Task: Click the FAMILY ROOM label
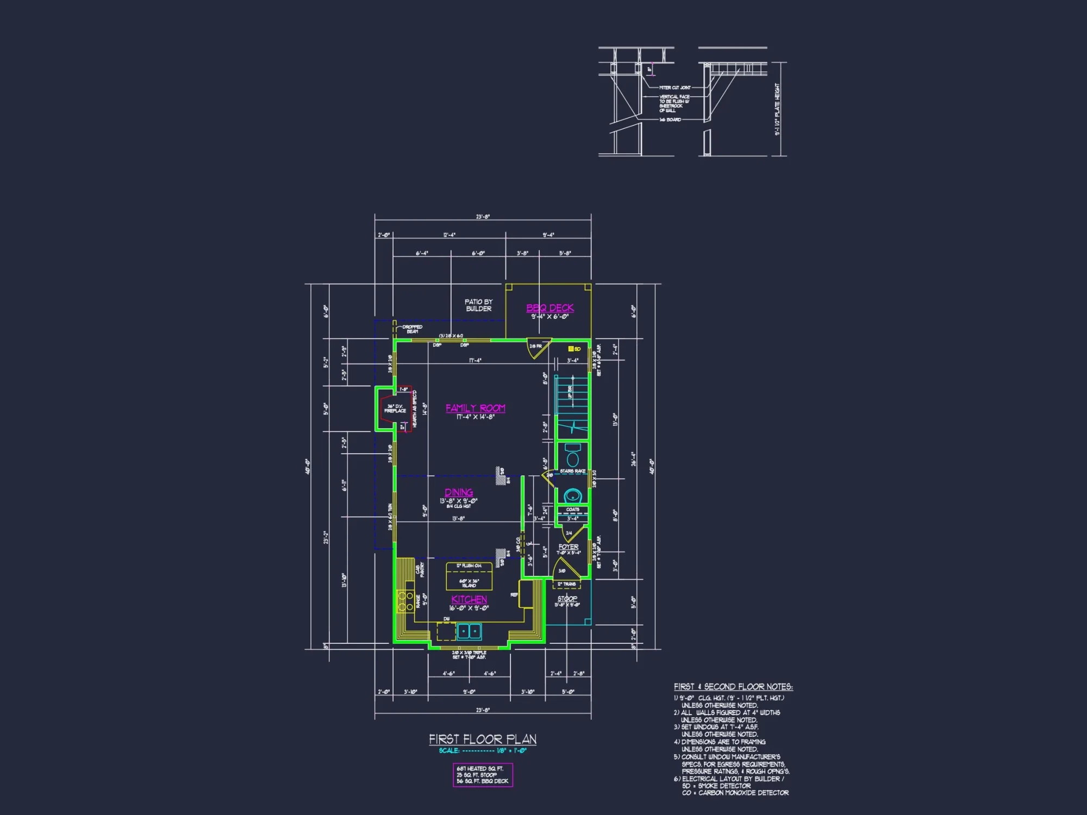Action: click(x=476, y=408)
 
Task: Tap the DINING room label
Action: click(x=459, y=492)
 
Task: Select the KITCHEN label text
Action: click(x=469, y=599)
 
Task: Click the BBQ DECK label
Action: click(x=550, y=308)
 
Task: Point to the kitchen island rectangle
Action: click(x=469, y=576)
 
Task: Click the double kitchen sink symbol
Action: click(x=469, y=631)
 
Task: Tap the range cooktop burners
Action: click(x=405, y=600)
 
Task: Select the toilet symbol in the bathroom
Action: click(x=572, y=455)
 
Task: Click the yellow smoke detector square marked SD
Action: click(x=571, y=349)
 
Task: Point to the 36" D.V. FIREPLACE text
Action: click(x=395, y=409)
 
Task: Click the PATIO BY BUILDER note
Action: click(x=478, y=305)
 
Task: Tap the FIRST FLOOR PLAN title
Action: click(x=483, y=739)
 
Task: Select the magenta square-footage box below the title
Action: click(x=483, y=775)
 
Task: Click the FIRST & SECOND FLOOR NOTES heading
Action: click(x=733, y=687)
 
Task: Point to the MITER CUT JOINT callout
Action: click(x=674, y=87)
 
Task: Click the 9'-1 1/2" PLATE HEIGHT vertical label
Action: click(x=777, y=109)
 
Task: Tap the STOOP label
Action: click(x=567, y=598)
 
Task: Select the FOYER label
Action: click(x=569, y=547)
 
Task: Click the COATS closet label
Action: click(x=572, y=510)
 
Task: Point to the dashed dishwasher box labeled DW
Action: click(x=446, y=631)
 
